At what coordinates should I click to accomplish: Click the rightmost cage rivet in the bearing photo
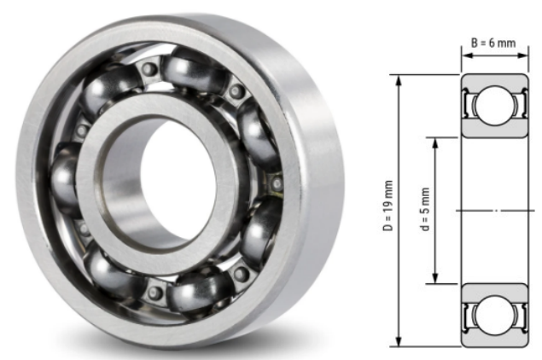pyautogui.click(x=275, y=181)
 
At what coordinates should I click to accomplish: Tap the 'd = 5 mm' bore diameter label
pyautogui.click(x=425, y=210)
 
